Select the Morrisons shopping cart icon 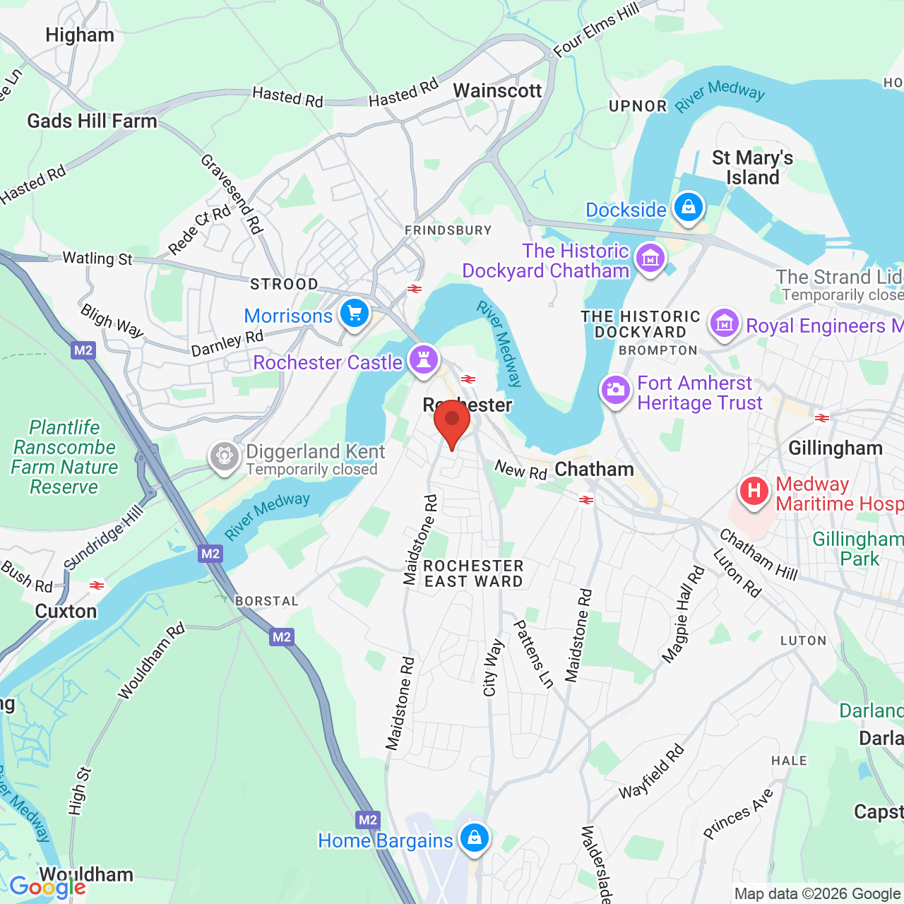click(355, 313)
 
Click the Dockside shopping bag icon click(688, 208)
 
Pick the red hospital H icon click(754, 491)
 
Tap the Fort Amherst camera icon click(615, 390)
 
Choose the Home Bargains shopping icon click(474, 838)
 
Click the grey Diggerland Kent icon click(225, 456)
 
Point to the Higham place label click(79, 35)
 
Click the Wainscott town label click(497, 90)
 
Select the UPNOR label click(638, 107)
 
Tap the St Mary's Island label click(752, 167)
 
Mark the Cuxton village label click(66, 611)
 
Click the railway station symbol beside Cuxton click(97, 585)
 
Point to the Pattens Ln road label click(533, 654)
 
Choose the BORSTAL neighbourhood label click(266, 601)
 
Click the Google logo click(47, 886)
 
